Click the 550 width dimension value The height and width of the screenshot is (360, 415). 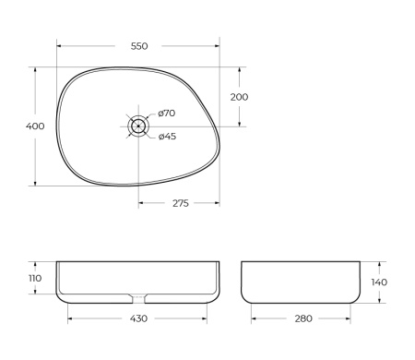tap(139, 45)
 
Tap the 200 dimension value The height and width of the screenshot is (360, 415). tap(239, 96)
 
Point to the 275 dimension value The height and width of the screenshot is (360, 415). tap(180, 203)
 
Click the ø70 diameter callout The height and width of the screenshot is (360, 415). tap(167, 113)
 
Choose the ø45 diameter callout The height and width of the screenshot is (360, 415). tap(167, 137)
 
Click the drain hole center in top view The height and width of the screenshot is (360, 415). tap(138, 126)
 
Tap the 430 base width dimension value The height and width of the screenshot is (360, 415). tap(137, 318)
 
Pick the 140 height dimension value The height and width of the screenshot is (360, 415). tap(378, 282)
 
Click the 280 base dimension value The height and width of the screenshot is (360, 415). tap(302, 318)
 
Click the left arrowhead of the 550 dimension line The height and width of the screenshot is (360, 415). tap(59, 45)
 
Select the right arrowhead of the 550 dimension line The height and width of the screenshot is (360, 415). tap(218, 45)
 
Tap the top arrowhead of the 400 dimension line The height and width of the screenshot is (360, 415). tap(37, 68)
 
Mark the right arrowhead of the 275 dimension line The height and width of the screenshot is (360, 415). tap(218, 203)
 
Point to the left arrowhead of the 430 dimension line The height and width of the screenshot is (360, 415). tap(70, 318)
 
